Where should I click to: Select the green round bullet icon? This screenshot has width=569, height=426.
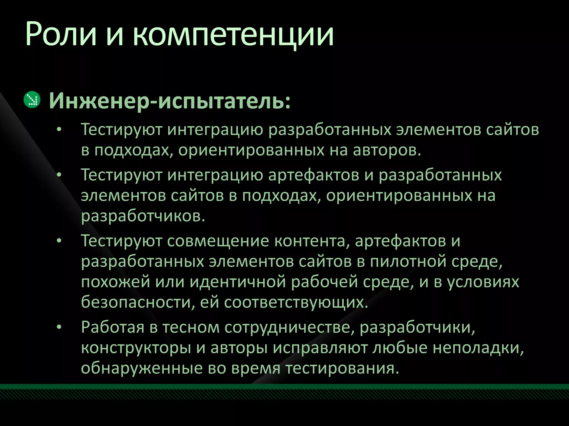pyautogui.click(x=32, y=99)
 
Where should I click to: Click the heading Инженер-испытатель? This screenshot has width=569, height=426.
pyautogui.click(x=169, y=101)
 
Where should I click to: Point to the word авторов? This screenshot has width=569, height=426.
pyautogui.click(x=387, y=150)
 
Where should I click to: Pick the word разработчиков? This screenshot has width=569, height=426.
pyautogui.click(x=143, y=216)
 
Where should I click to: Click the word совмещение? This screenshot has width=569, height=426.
pyautogui.click(x=218, y=240)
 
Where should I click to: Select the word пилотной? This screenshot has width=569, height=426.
pyautogui.click(x=408, y=261)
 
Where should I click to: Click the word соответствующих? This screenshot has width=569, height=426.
pyautogui.click(x=296, y=302)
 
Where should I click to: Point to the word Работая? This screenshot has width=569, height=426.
pyautogui.click(x=113, y=327)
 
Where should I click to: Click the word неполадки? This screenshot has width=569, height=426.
pyautogui.click(x=478, y=348)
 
